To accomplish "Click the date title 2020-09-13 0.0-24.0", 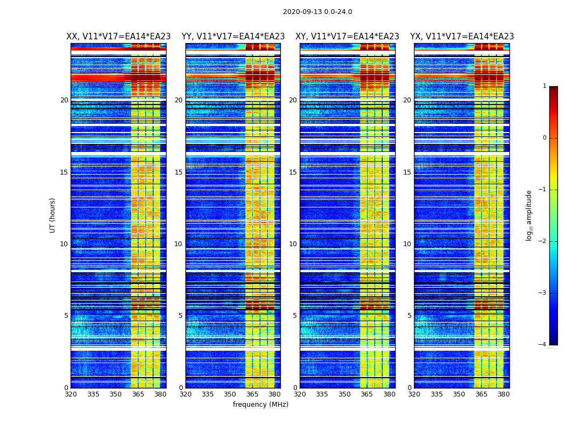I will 317,12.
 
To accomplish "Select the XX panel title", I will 119,37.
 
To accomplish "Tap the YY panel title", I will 233,37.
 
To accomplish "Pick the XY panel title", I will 347,37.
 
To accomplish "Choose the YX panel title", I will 462,37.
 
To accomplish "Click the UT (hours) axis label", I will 53,215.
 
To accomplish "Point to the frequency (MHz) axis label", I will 260,405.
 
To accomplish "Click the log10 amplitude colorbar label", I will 529,215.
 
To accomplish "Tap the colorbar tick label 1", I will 544,86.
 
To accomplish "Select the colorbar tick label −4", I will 543,345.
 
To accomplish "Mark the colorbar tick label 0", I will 544,138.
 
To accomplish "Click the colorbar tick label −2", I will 543,241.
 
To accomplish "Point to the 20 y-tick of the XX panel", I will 64,100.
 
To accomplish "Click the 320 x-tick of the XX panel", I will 71,394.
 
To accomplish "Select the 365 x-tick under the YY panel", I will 252,394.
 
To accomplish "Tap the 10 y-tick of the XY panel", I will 293,244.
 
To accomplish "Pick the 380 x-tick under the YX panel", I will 503,394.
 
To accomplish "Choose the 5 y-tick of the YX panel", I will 409,316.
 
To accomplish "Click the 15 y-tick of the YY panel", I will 178,172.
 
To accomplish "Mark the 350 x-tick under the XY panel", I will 344,394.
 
